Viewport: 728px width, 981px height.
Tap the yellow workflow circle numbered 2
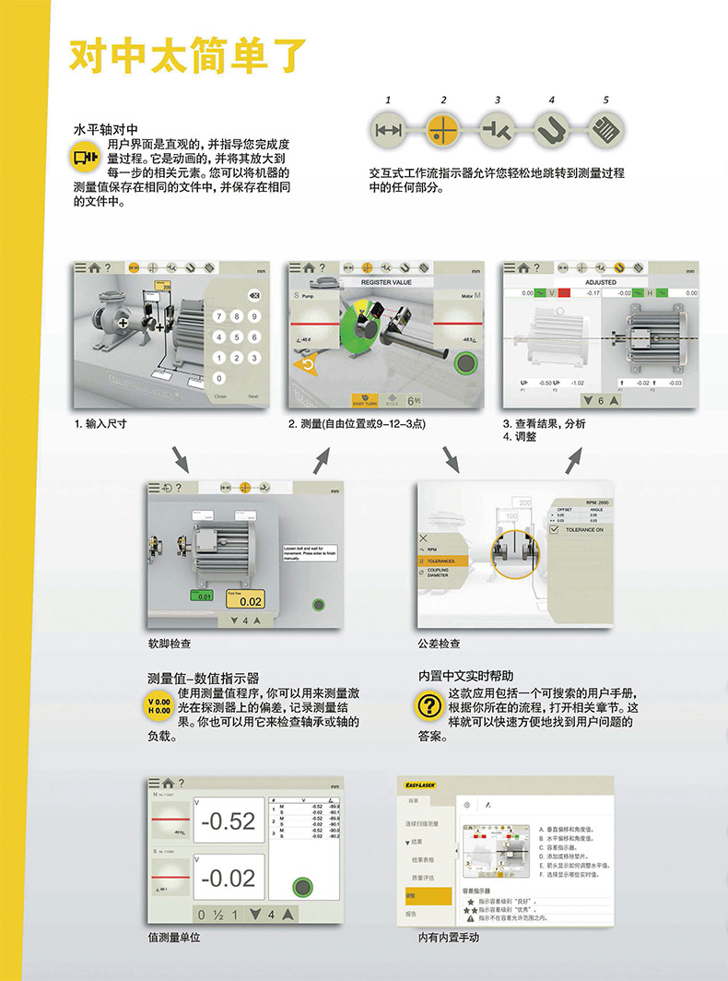(443, 129)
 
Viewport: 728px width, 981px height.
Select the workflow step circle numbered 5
(605, 129)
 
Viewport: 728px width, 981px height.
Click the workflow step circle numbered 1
(389, 129)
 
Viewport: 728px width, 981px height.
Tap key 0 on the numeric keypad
(218, 377)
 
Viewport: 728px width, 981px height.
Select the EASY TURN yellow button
(366, 402)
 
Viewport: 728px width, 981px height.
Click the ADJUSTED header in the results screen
(601, 282)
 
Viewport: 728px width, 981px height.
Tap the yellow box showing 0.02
(244, 599)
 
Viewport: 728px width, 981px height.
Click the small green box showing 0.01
(201, 597)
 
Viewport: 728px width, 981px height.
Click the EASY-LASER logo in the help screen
(419, 785)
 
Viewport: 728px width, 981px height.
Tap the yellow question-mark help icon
(429, 704)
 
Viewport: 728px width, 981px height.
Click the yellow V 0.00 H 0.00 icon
(159, 706)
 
